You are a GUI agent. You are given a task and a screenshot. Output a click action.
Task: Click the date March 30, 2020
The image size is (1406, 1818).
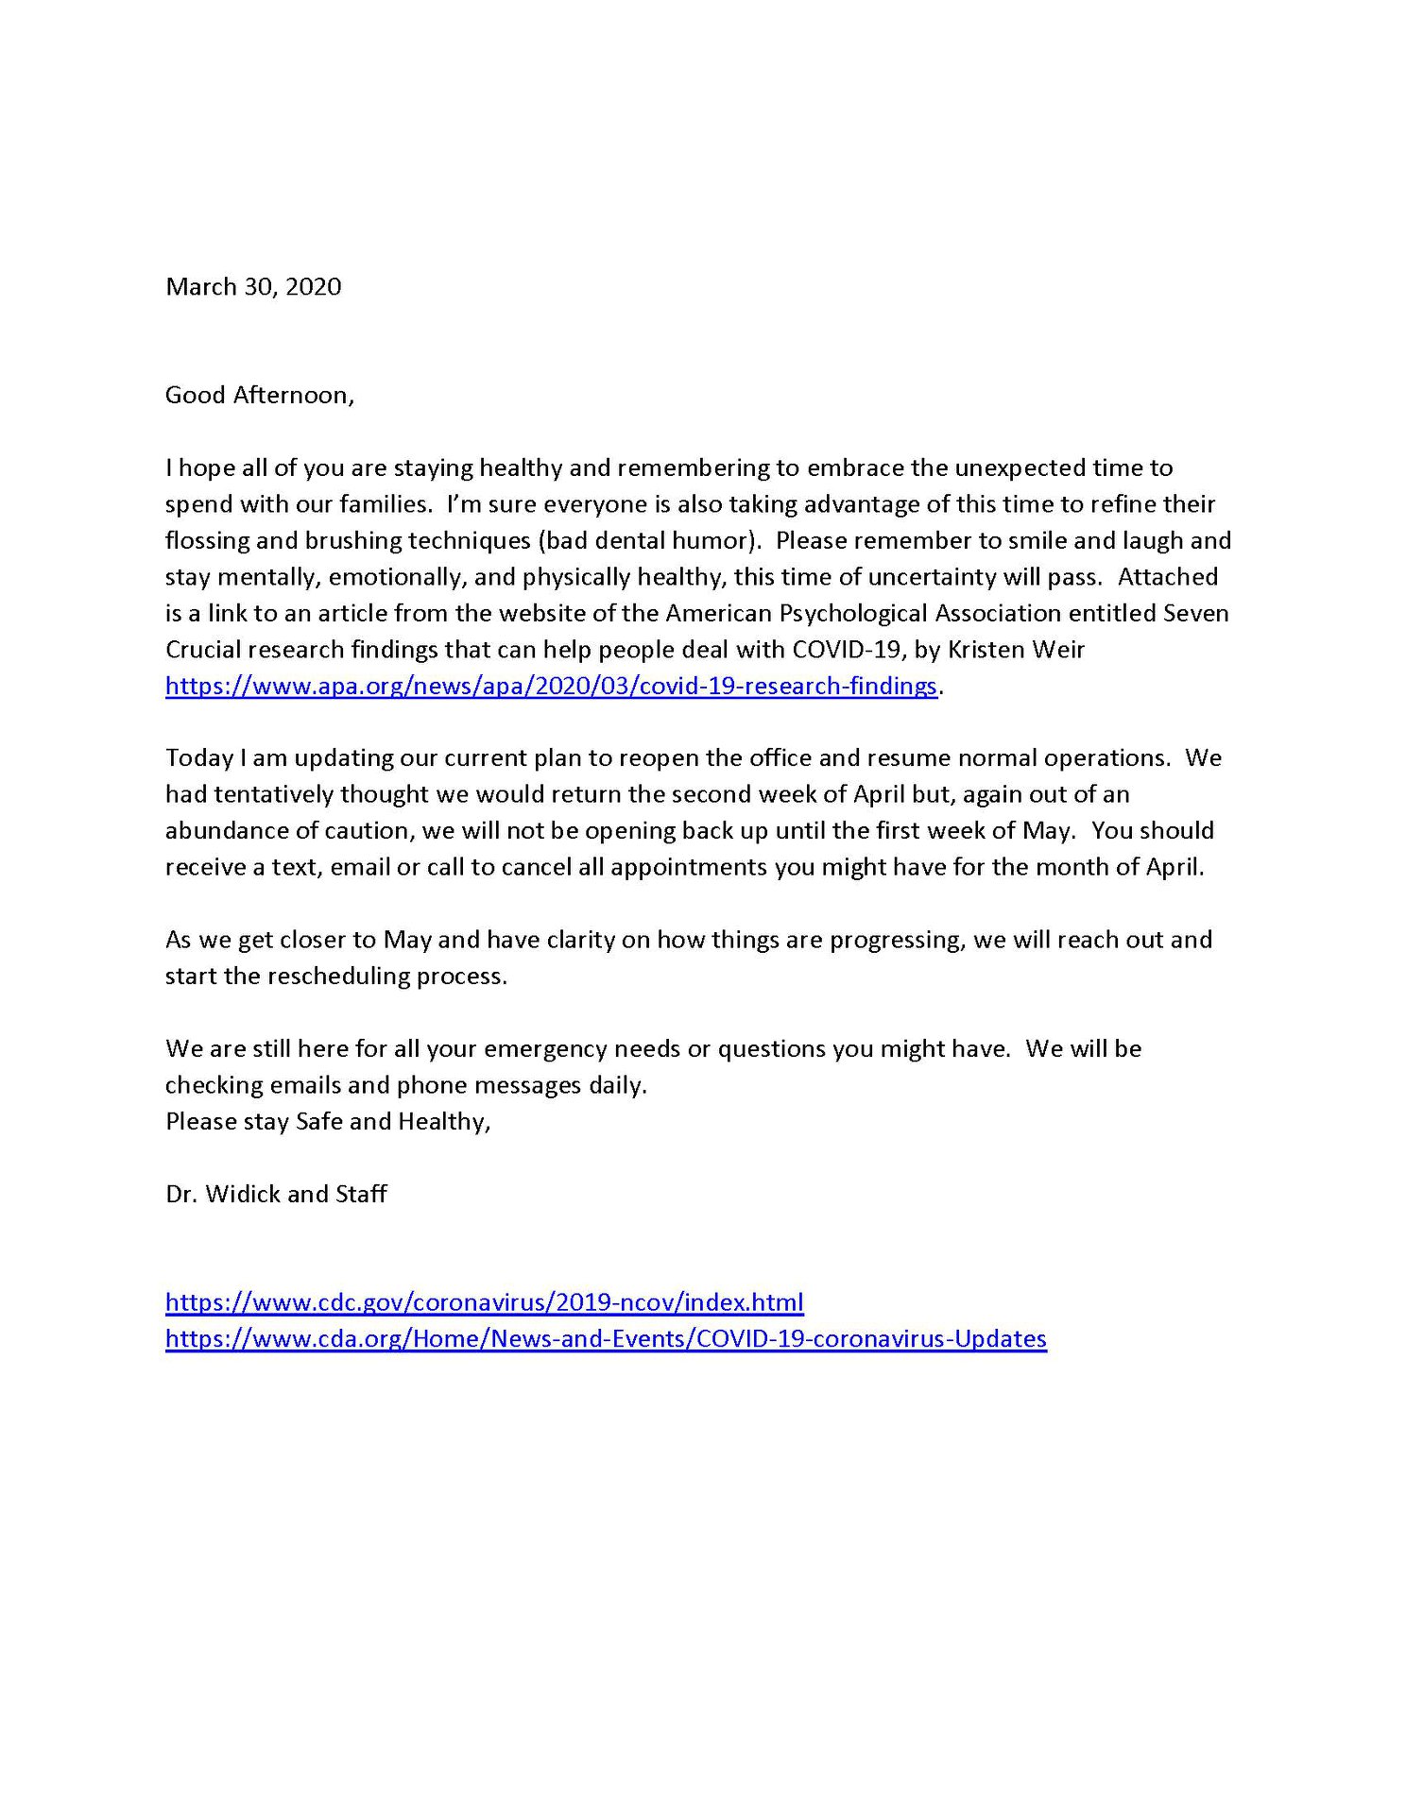[253, 287]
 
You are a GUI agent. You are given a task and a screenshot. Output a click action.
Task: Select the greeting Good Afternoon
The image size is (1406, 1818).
[260, 395]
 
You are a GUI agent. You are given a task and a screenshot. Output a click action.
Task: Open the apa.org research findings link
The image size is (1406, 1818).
[551, 686]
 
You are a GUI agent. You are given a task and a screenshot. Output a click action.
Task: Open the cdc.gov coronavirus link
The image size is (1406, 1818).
[484, 1302]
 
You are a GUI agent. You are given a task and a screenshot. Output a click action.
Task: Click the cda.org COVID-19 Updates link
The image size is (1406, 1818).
[606, 1338]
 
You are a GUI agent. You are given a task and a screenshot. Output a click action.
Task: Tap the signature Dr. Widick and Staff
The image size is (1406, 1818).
[276, 1194]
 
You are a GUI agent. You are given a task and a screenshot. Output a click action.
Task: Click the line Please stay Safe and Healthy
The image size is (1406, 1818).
[328, 1121]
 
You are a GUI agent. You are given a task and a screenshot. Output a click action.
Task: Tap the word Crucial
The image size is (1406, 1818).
[203, 650]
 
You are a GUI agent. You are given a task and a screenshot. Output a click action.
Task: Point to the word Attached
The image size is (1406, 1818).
[1168, 577]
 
